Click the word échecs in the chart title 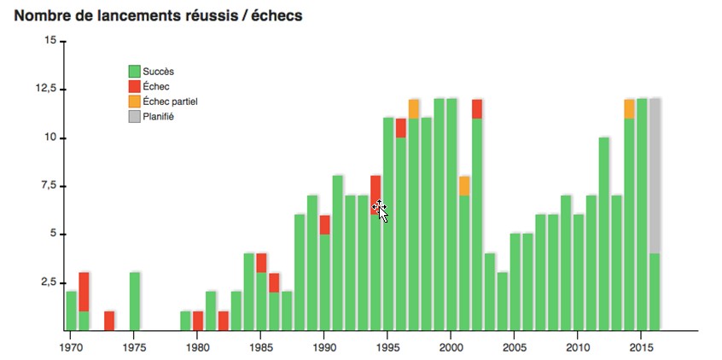(274, 16)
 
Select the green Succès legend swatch (134, 72)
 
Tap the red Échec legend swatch (134, 86)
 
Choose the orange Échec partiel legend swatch (134, 101)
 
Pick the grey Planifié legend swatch (134, 115)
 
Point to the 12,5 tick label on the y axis (44, 89)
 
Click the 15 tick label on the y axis (49, 41)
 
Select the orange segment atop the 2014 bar (629, 108)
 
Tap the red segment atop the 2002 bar (477, 108)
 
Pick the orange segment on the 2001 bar (464, 185)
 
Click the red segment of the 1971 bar (84, 292)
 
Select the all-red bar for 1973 (109, 321)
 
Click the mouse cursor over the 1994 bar (380, 210)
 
